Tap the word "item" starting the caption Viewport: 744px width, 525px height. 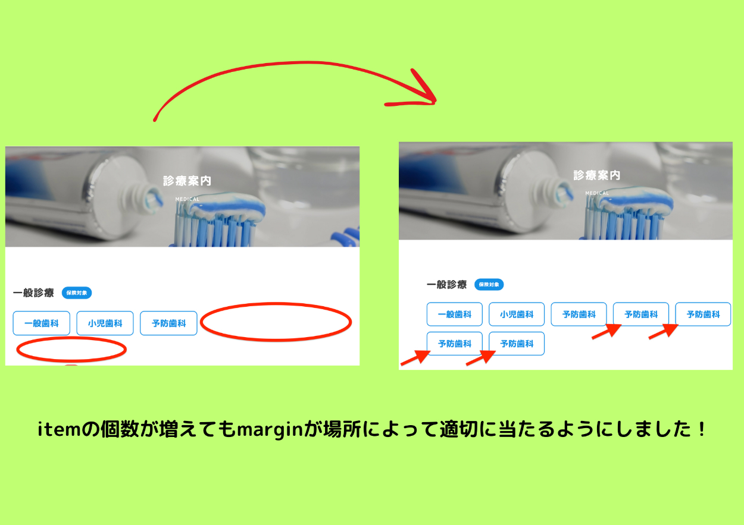[59, 429]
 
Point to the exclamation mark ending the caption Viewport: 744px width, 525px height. [702, 429]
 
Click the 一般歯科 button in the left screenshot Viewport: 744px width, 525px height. [42, 323]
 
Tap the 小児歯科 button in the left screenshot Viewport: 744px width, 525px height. [105, 323]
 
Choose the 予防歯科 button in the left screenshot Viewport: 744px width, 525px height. [168, 323]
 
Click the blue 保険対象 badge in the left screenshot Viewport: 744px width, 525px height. [77, 293]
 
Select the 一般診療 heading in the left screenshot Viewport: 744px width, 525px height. [33, 293]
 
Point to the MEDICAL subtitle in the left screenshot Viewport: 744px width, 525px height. [187, 199]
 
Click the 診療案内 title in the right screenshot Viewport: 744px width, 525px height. [597, 175]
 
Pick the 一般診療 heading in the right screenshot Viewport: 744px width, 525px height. [447, 284]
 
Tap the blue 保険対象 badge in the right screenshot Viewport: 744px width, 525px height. [489, 284]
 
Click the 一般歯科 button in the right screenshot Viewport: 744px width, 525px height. [454, 315]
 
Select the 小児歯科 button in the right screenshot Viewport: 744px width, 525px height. [517, 315]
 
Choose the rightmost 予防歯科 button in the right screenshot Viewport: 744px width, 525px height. [703, 315]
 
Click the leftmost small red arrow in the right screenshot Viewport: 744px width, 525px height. [415, 358]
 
